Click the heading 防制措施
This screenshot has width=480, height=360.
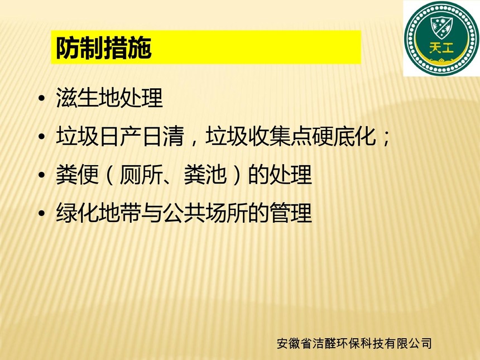coord(104,48)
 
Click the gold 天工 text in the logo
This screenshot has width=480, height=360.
coord(441,48)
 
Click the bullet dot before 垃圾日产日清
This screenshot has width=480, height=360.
coord(42,137)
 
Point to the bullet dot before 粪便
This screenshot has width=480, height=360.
coord(42,175)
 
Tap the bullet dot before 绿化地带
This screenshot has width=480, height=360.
coord(42,213)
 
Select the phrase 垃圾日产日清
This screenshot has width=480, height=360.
coord(120,136)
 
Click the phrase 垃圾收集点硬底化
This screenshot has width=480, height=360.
coord(290,136)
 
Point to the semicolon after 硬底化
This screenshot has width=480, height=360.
coord(386,139)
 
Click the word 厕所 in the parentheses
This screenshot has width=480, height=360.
coord(141,175)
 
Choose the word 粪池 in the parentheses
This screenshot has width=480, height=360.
coord(205,175)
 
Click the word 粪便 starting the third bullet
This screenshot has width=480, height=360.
coord(77,175)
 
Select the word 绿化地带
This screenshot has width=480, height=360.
coord(99,213)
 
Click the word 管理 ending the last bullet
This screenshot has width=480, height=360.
coord(291,213)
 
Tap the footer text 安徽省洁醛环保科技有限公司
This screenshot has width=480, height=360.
coord(354,343)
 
